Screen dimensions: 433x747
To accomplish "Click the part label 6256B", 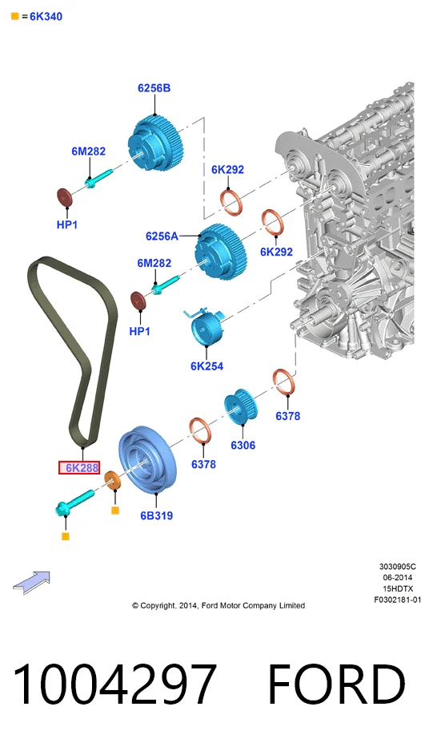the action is click(x=154, y=88).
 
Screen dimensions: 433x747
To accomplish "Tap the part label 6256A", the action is click(x=162, y=236).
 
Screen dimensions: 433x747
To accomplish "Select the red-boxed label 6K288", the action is click(x=79, y=468).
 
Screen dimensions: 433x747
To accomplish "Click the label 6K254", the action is click(x=206, y=365).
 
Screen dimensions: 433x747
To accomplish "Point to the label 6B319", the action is click(x=157, y=515).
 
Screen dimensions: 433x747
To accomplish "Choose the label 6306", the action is click(x=243, y=445).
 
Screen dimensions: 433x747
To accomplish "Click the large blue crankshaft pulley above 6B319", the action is click(x=147, y=460).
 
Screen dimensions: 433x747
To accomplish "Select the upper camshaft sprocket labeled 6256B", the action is click(x=152, y=144).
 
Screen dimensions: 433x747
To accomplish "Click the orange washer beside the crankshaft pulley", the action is click(x=113, y=481).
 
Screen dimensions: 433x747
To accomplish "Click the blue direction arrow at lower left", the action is click(x=31, y=582).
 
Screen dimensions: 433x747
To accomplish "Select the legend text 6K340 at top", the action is click(x=46, y=17).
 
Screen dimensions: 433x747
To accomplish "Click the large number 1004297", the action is click(x=114, y=684).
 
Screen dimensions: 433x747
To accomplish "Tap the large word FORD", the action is click(x=336, y=684).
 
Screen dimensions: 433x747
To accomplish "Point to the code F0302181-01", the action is click(x=397, y=600).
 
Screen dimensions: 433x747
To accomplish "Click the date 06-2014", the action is click(x=397, y=577).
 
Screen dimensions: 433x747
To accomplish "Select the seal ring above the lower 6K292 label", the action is click(x=271, y=223).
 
